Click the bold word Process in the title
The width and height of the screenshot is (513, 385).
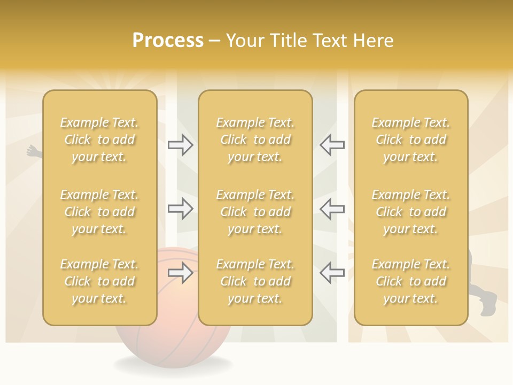click(168, 41)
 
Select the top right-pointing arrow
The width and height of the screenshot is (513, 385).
click(180, 144)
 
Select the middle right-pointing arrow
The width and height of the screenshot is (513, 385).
click(180, 209)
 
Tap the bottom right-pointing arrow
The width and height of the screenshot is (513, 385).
click(180, 273)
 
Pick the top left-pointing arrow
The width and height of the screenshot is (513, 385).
click(332, 144)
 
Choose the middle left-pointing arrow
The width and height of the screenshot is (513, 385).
click(332, 209)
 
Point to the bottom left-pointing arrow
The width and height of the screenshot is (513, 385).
click(332, 273)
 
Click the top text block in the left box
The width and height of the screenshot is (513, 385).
click(99, 140)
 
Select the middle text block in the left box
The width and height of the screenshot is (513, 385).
click(99, 212)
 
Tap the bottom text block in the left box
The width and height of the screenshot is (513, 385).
click(99, 281)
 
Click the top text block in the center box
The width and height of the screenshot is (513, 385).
click(255, 140)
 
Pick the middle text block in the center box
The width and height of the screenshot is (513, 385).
click(255, 212)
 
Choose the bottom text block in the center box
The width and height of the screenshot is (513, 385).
click(255, 281)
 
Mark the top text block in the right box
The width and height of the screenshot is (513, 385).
click(410, 140)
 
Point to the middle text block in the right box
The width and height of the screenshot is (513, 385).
click(410, 212)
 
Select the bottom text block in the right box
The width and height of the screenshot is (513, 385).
click(410, 281)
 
